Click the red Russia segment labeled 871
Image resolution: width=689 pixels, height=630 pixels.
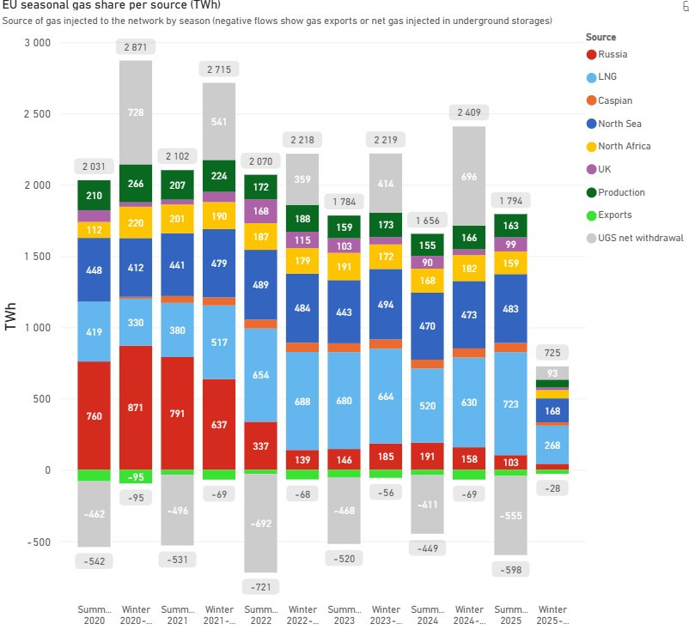[135, 407]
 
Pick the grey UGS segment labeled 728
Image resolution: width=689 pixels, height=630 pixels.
[135, 112]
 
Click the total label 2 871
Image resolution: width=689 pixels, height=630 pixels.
[135, 47]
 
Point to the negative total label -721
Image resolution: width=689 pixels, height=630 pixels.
[261, 587]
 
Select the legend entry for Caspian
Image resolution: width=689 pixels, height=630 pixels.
[614, 100]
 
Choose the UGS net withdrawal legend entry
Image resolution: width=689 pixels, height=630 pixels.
[632, 238]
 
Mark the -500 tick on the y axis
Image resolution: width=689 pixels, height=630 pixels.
[37, 542]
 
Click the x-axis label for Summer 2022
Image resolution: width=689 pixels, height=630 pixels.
[261, 614]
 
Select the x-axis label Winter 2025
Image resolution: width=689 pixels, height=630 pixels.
[553, 614]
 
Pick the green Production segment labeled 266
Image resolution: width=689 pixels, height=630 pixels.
[135, 183]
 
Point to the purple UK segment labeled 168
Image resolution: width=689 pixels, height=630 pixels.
[261, 211]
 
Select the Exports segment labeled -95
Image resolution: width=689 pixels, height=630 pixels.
[135, 477]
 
